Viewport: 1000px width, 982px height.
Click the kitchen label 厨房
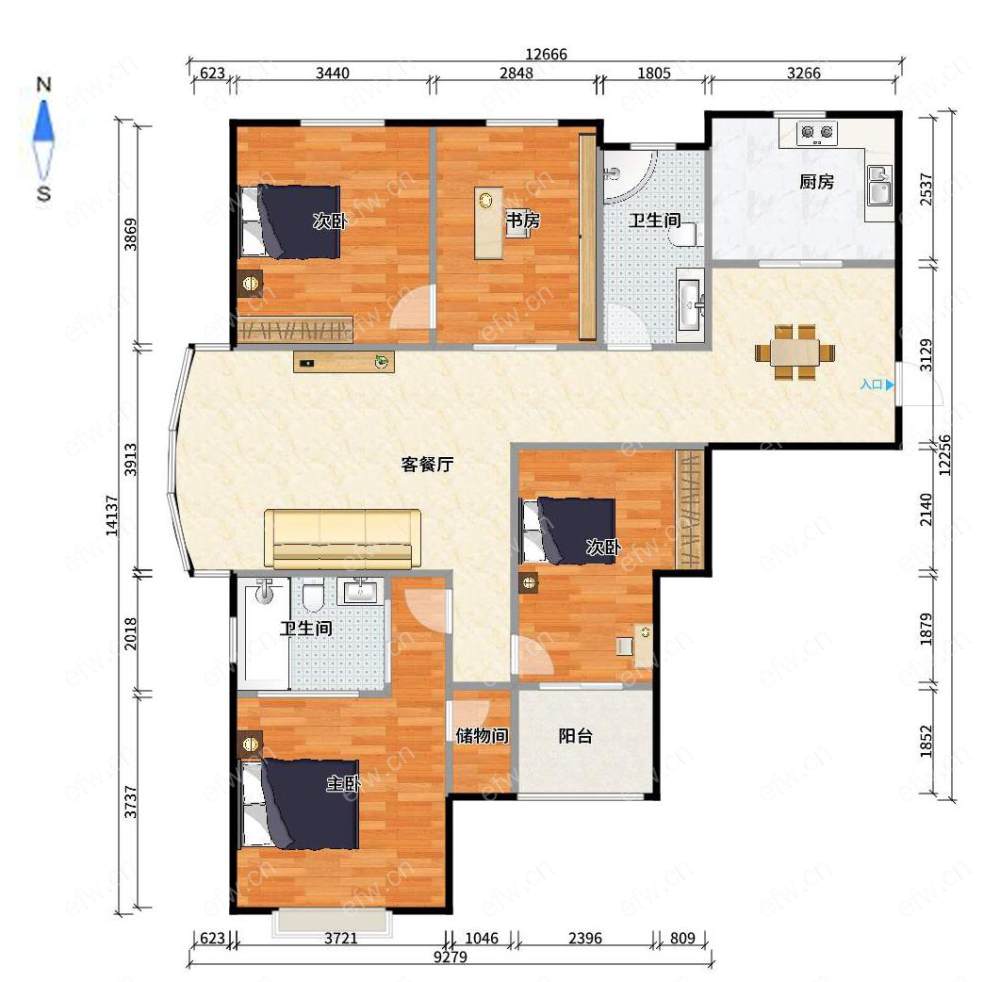(x=816, y=182)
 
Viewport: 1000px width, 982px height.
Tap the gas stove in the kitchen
(x=817, y=133)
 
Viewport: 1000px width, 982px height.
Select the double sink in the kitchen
(x=879, y=185)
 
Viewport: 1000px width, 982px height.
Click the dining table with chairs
(x=795, y=352)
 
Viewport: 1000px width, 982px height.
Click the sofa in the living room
(x=342, y=538)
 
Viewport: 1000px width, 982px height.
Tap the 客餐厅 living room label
(x=427, y=464)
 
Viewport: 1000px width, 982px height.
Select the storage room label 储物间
(x=482, y=736)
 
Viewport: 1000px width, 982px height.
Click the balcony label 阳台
(x=575, y=736)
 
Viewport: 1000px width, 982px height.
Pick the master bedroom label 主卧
(x=344, y=783)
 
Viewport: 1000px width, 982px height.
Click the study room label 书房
(x=523, y=221)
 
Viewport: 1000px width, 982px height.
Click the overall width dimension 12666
(x=546, y=54)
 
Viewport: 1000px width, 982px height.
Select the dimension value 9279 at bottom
(x=450, y=957)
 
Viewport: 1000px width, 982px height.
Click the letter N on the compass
(x=43, y=84)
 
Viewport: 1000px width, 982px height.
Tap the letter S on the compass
(x=43, y=193)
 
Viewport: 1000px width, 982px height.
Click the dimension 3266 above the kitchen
(x=804, y=73)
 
